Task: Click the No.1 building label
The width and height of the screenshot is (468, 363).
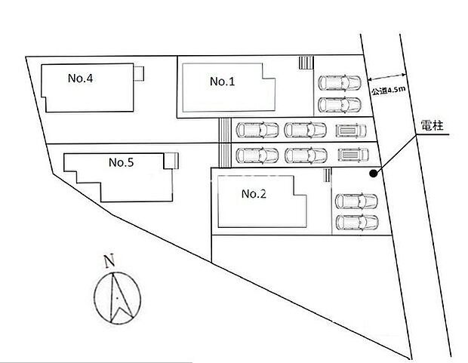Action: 223,82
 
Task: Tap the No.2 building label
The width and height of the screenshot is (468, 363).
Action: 254,194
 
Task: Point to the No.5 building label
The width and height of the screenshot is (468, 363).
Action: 121,162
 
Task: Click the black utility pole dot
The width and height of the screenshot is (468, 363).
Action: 373,174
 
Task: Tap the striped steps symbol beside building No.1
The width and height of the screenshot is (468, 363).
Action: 304,63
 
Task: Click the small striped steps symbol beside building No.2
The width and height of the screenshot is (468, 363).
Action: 326,176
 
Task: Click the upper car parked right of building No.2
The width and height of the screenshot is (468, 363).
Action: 356,201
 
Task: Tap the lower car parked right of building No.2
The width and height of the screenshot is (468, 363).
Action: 356,222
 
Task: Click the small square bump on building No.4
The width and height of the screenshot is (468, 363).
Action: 140,72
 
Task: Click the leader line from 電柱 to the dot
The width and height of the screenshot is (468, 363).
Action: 396,153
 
